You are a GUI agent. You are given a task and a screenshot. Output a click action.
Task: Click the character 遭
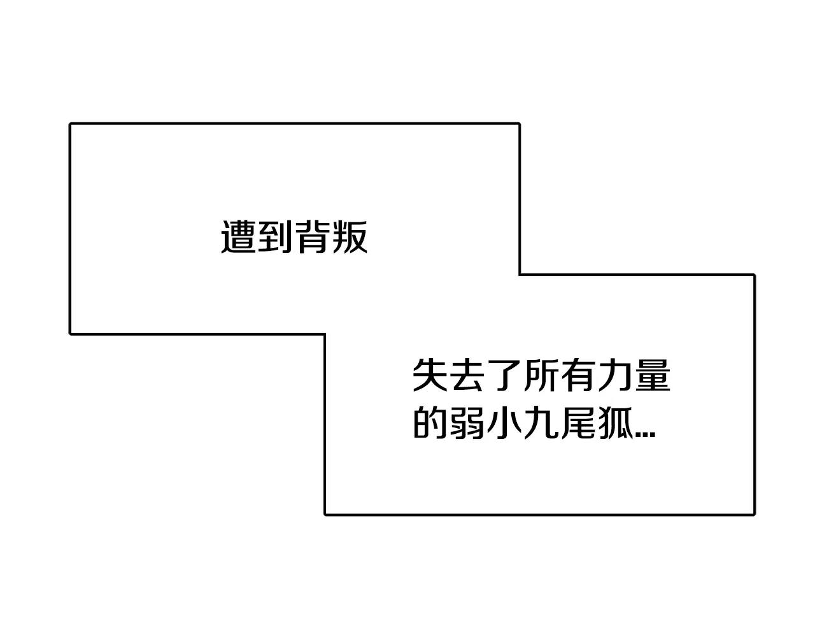[x=239, y=237]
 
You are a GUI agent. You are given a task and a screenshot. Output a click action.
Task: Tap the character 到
[x=276, y=237]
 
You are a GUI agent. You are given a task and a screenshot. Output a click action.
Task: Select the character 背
[x=313, y=237]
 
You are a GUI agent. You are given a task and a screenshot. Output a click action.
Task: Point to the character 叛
[x=350, y=237]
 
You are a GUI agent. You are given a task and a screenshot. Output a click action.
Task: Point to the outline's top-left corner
[x=71, y=124]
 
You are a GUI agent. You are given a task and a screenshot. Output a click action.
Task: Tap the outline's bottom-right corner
[x=754, y=513]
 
